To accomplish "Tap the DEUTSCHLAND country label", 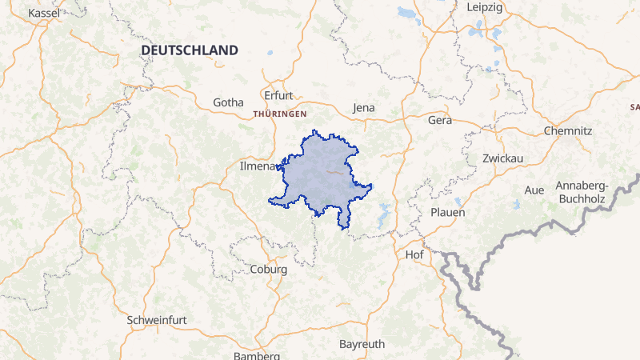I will pos(190,50).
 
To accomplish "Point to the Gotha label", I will pos(227,102).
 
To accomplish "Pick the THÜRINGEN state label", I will pos(280,114).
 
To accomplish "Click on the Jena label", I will pos(363,107).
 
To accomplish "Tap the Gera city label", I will pos(440,121).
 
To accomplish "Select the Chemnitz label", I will pos(567,130).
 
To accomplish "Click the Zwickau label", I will pos(503,158).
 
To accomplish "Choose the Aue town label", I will pos(534,190).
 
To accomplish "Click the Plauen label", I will pos(448,213).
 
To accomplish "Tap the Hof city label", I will pos(414,254).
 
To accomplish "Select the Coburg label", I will pos(269,270).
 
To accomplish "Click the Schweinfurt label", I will pos(157,320).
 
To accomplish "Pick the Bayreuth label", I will pos(362,344).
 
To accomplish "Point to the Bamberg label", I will pos(256,355).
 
